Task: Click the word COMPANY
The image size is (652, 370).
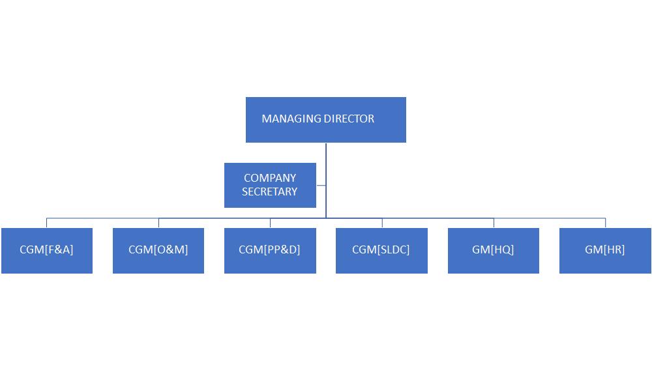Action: coord(270,178)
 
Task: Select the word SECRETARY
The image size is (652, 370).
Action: coord(270,192)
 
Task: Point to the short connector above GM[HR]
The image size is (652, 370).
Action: coord(605,223)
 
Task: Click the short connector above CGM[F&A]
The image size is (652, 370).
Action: coord(47,223)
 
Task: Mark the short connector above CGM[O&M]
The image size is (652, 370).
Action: coord(158,223)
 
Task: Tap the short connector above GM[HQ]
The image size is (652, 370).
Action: coord(494,223)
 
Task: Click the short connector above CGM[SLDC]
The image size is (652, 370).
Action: coord(382,223)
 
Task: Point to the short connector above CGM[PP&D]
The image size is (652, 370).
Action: coord(270,223)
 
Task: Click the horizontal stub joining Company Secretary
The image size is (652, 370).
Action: coord(321,186)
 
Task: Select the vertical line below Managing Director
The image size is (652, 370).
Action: coord(326,163)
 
